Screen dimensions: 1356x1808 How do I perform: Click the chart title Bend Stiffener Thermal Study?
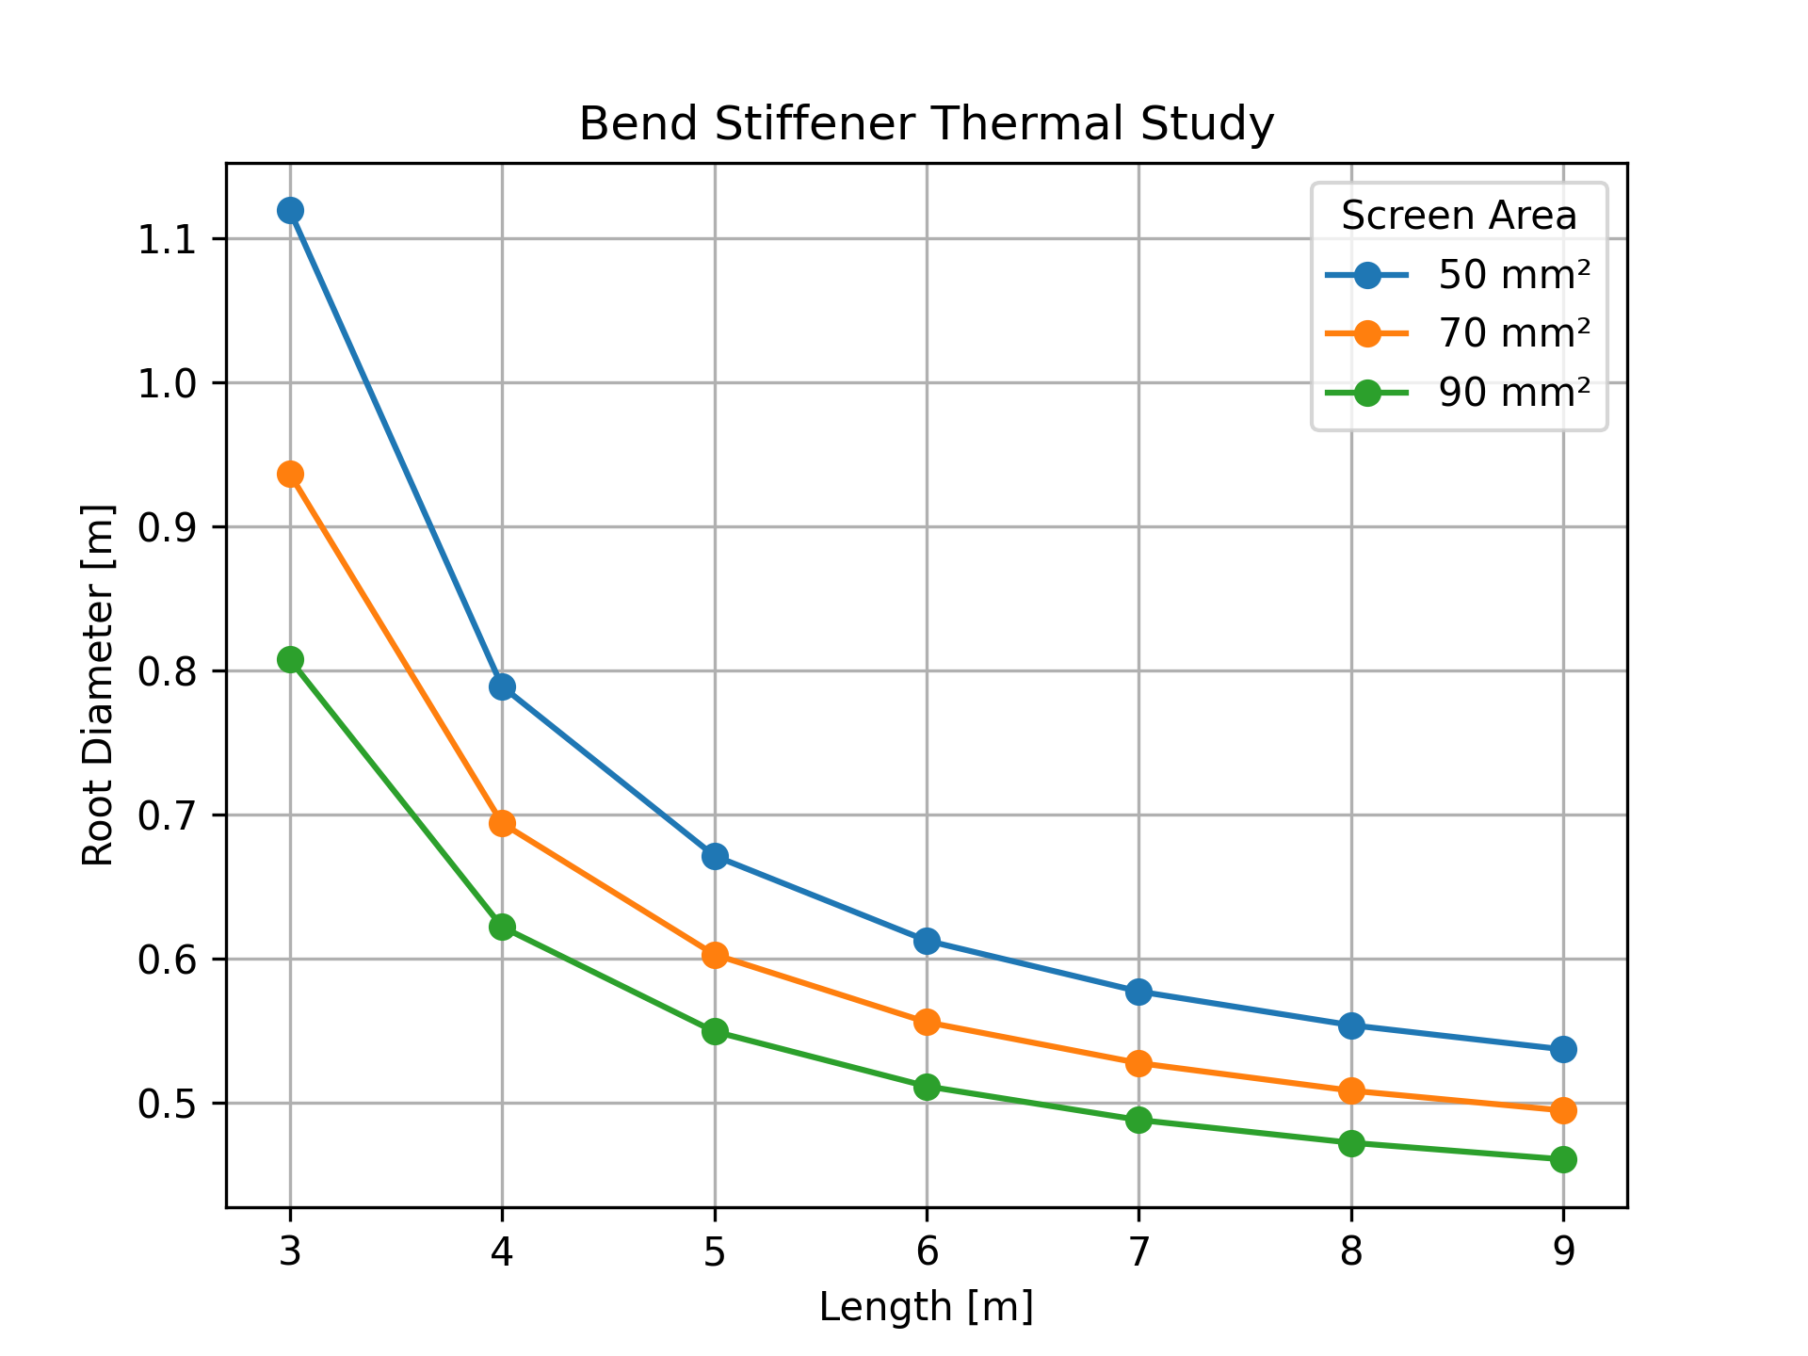(926, 124)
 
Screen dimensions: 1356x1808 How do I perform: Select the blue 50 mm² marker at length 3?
(290, 210)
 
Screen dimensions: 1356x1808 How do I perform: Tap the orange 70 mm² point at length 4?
(502, 824)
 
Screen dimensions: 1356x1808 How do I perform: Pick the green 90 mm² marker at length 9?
(1563, 1159)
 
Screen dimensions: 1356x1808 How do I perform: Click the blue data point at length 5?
(715, 856)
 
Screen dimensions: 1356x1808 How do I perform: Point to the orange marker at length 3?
(290, 474)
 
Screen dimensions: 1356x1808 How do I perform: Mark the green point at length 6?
(927, 1087)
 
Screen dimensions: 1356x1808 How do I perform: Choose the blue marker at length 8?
(1351, 1025)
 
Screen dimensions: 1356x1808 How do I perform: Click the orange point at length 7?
(1138, 1063)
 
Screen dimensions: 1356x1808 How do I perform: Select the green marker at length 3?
(290, 659)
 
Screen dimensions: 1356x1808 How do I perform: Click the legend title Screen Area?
(1459, 217)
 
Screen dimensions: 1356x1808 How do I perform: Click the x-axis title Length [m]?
(926, 1307)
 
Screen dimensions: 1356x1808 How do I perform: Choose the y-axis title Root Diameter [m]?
(98, 685)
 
